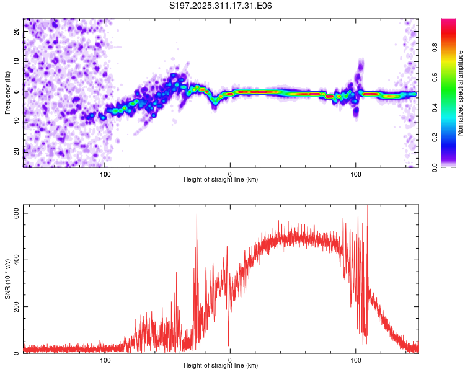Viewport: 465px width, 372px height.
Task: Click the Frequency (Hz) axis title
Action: [7, 92]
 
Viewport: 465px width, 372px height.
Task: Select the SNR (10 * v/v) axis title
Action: [7, 280]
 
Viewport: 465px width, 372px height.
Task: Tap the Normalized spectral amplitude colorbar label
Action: [461, 93]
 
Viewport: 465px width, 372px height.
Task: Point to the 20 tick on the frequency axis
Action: [17, 32]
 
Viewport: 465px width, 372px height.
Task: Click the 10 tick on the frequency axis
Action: [17, 62]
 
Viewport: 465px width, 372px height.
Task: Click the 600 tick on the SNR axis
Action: [17, 213]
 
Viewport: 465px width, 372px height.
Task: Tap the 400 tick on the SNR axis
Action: [17, 260]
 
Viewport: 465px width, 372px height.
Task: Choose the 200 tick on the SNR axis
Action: [17, 306]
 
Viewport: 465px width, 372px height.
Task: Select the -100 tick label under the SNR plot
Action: [104, 360]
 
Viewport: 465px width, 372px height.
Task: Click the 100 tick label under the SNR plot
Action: [355, 360]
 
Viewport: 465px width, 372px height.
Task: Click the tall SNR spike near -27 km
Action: [197, 216]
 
